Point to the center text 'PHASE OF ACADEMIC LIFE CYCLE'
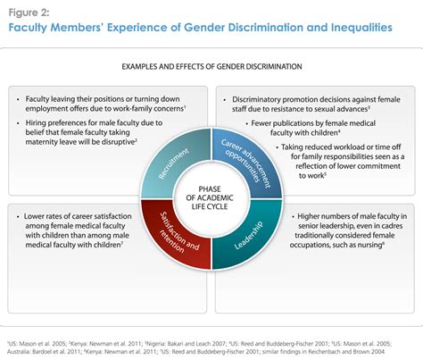211,191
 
